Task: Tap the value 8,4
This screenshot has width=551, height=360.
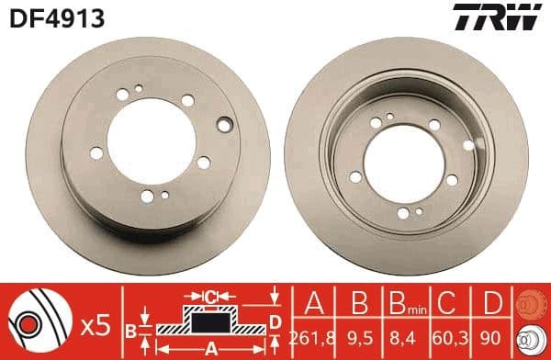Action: [400, 339]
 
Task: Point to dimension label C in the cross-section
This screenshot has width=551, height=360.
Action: [212, 295]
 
